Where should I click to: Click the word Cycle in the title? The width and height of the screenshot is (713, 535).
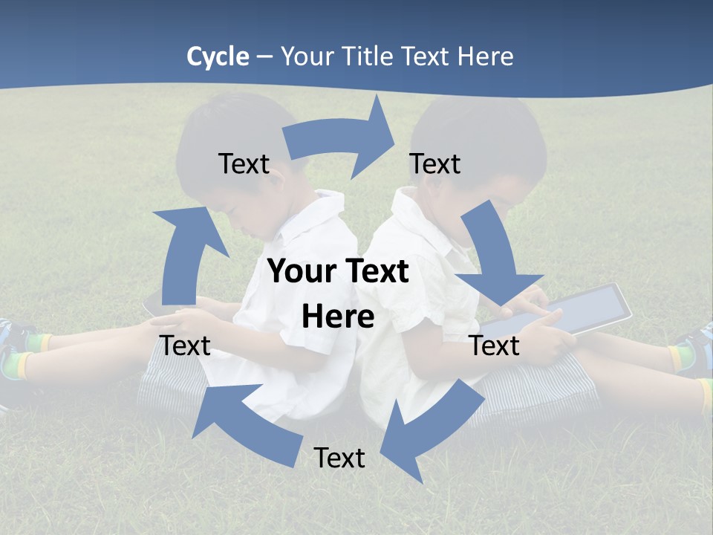218,56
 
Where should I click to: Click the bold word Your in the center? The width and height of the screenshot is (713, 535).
299,272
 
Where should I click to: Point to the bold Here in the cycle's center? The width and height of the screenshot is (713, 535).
338,317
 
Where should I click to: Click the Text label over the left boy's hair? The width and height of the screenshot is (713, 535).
244,163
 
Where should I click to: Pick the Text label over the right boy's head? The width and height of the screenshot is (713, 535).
435,163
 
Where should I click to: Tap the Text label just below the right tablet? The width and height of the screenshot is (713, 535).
495,346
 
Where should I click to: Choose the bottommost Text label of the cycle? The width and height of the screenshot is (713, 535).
339,458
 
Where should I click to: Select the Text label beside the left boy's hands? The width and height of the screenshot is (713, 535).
185,346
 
